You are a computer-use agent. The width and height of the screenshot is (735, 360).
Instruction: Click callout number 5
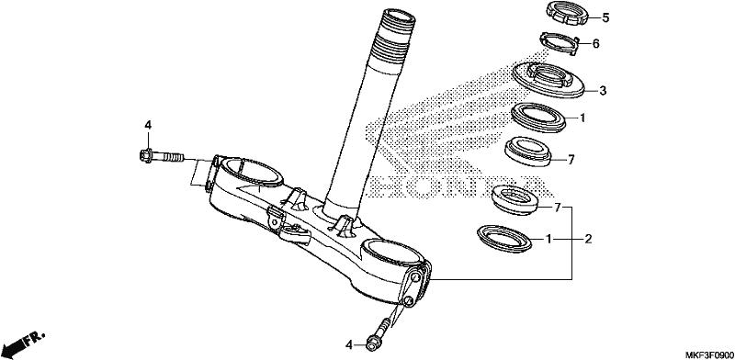[x=605, y=17]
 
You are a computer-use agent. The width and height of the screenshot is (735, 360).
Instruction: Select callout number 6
[x=595, y=43]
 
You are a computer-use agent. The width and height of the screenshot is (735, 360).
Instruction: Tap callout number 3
[x=603, y=91]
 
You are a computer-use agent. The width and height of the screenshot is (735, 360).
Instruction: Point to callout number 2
[x=588, y=240]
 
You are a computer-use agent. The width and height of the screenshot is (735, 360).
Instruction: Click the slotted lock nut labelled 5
[x=567, y=14]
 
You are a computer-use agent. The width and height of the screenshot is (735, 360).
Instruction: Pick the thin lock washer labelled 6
[x=560, y=43]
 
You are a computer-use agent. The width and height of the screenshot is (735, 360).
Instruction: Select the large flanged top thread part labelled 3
[x=548, y=80]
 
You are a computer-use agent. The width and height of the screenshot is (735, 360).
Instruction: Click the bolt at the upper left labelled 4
[x=162, y=155]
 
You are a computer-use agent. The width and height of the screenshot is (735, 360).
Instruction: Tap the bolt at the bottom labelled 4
[x=379, y=334]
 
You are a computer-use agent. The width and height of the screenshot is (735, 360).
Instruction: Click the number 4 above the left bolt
[x=148, y=125]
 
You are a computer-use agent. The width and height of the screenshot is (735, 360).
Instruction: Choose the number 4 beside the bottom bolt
[x=348, y=345]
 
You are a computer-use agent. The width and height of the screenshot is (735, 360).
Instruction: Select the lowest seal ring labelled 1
[x=503, y=239]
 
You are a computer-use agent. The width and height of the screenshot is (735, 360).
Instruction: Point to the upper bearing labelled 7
[x=527, y=151]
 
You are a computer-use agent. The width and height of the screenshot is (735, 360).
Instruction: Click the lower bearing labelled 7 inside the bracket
[x=515, y=199]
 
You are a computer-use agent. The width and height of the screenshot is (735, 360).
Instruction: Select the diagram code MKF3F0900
[x=709, y=354]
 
